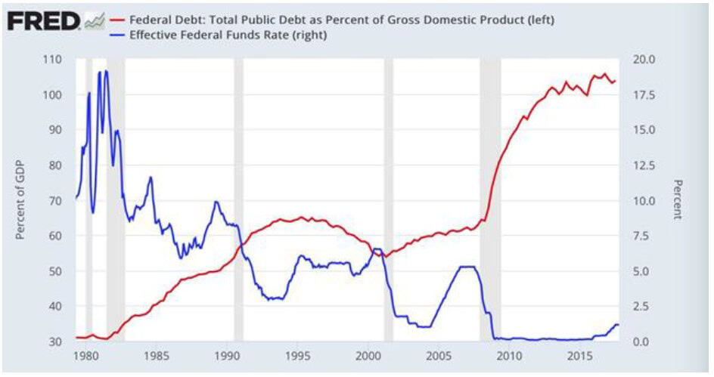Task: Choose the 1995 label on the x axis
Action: click(300, 356)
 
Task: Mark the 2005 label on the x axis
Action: click(440, 356)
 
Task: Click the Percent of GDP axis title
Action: click(20, 201)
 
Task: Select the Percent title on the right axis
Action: click(678, 200)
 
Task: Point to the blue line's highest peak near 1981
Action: click(105, 72)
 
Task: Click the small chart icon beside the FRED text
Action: click(94, 22)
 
